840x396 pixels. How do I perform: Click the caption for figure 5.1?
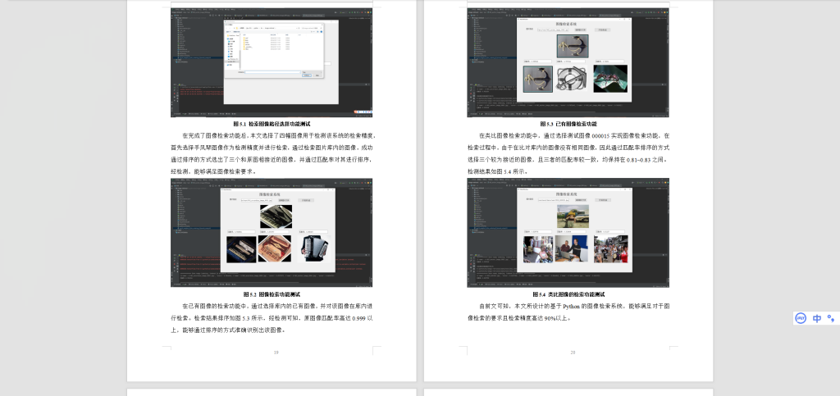pos(272,124)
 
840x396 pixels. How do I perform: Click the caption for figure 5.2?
pos(272,294)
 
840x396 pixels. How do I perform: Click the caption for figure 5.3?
pos(568,124)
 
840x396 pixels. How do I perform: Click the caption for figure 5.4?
pos(568,294)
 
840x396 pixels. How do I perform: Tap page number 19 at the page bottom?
pos(276,353)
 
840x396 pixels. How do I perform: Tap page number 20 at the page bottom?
pos(573,353)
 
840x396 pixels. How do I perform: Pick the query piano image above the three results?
pos(276,216)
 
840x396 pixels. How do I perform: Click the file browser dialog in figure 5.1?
pos(275,49)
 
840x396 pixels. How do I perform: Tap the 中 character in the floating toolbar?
pos(817,318)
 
